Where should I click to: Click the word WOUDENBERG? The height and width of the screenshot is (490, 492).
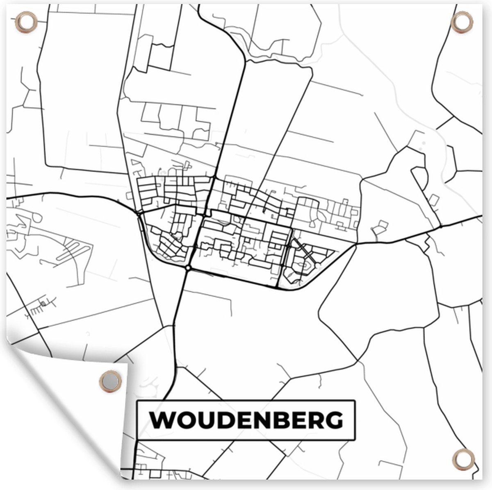click(x=246, y=420)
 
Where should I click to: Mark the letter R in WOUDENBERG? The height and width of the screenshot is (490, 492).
click(x=315, y=420)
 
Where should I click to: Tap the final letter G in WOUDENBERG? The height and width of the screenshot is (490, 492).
click(x=334, y=420)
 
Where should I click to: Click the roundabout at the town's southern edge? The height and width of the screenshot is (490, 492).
click(x=188, y=268)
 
